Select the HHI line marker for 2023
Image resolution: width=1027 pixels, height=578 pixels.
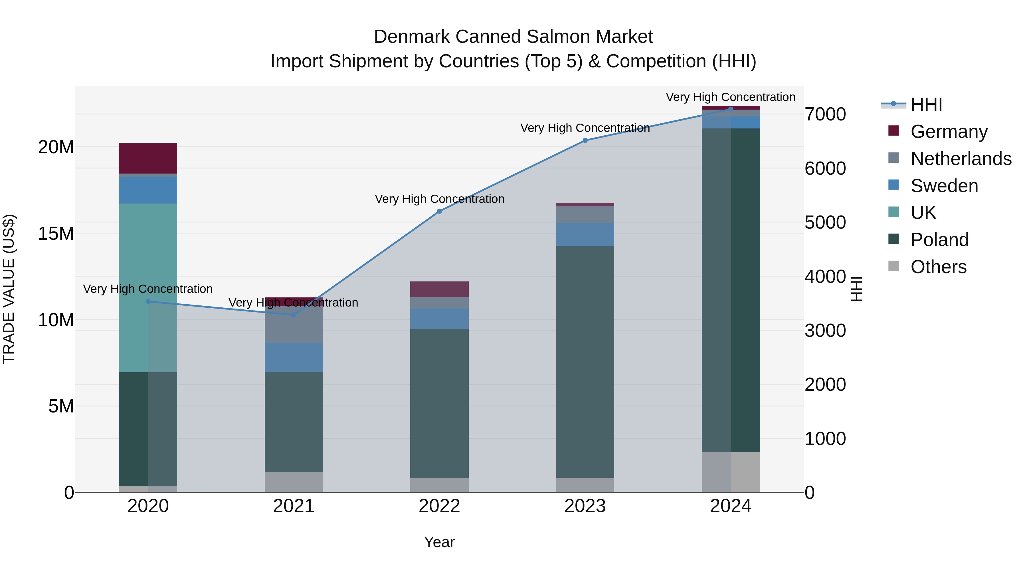pos(585,140)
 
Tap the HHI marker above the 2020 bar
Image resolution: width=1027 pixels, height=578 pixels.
pos(148,302)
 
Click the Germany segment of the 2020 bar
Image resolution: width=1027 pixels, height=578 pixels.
pos(148,158)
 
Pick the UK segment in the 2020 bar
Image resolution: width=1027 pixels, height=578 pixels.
pos(148,287)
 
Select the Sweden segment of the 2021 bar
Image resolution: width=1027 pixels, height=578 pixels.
pos(294,357)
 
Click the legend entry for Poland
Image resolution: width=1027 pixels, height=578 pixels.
pos(939,240)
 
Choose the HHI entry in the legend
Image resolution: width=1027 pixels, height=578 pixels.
pos(926,104)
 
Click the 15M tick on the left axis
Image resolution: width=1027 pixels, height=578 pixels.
pos(56,233)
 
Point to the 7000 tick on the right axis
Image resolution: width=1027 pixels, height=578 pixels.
pos(825,114)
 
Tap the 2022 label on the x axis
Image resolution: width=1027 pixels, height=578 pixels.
pos(439,506)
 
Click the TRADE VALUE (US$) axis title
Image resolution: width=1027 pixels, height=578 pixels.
pos(9,289)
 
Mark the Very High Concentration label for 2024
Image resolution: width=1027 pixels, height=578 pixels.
pos(730,97)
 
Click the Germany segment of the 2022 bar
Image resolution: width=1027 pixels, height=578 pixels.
pos(439,289)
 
